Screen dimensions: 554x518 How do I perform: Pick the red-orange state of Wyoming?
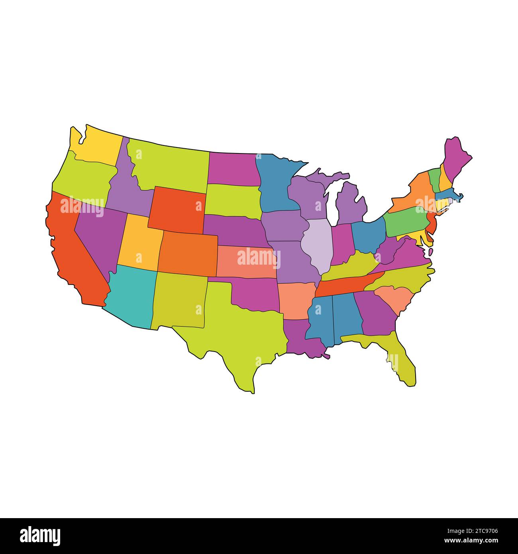[x=177, y=209]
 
